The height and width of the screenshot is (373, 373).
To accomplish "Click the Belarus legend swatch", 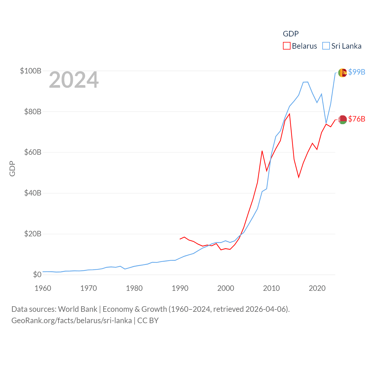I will click(x=287, y=46).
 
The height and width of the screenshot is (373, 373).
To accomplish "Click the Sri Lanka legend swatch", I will click(x=326, y=46).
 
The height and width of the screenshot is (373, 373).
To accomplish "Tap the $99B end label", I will click(x=357, y=72).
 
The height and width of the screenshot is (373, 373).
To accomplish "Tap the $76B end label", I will click(x=357, y=119).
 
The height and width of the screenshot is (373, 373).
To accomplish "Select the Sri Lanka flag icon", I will click(x=342, y=73).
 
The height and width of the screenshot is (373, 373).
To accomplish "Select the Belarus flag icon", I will click(x=342, y=119).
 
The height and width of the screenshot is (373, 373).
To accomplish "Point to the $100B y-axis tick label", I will click(x=31, y=71).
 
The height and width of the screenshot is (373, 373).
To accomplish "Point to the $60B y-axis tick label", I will click(x=33, y=152).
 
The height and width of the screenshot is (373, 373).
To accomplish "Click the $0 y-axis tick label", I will click(x=37, y=275).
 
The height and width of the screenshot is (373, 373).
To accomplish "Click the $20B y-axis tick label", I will click(x=33, y=234).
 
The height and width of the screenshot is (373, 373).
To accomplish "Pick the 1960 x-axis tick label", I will click(x=43, y=288).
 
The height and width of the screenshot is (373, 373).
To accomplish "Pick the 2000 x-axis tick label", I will click(x=226, y=288).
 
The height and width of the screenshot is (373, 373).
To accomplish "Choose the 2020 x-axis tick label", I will click(x=317, y=288).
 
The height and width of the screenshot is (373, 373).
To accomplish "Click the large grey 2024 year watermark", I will click(x=74, y=80).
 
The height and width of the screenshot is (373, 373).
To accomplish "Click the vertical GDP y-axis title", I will click(x=12, y=168).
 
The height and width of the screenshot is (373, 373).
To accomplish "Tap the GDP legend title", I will click(x=291, y=34).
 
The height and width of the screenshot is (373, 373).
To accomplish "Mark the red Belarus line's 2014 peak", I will click(x=289, y=114).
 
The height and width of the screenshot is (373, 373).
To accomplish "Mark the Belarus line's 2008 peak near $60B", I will click(x=262, y=151).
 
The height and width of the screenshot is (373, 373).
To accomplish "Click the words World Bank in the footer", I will click(x=78, y=309).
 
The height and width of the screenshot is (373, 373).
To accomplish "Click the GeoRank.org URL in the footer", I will click(x=71, y=321).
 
